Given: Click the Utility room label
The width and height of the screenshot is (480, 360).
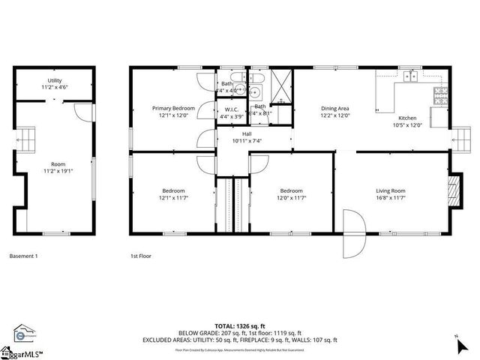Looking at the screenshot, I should pyautogui.click(x=55, y=80).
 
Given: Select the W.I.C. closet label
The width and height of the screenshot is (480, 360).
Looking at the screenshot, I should pyautogui.click(x=231, y=109).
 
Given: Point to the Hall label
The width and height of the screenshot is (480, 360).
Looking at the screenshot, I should pyautogui.click(x=247, y=133).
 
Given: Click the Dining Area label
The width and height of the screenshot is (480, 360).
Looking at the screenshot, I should pyautogui.click(x=335, y=108).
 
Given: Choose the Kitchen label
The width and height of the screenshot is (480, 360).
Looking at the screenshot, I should pyautogui.click(x=406, y=118).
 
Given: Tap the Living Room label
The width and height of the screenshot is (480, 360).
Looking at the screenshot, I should pyautogui.click(x=391, y=190).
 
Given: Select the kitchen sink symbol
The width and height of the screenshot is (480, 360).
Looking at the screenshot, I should pyautogui.click(x=410, y=76).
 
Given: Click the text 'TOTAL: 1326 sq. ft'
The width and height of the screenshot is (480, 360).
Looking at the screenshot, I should pyautogui.click(x=239, y=326).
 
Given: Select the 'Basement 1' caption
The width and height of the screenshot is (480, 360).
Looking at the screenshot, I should pyautogui.click(x=23, y=256).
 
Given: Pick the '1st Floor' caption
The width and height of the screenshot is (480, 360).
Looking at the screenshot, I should pyautogui.click(x=141, y=256).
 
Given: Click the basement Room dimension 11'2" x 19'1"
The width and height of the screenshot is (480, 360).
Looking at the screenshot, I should pyautogui.click(x=58, y=170).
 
